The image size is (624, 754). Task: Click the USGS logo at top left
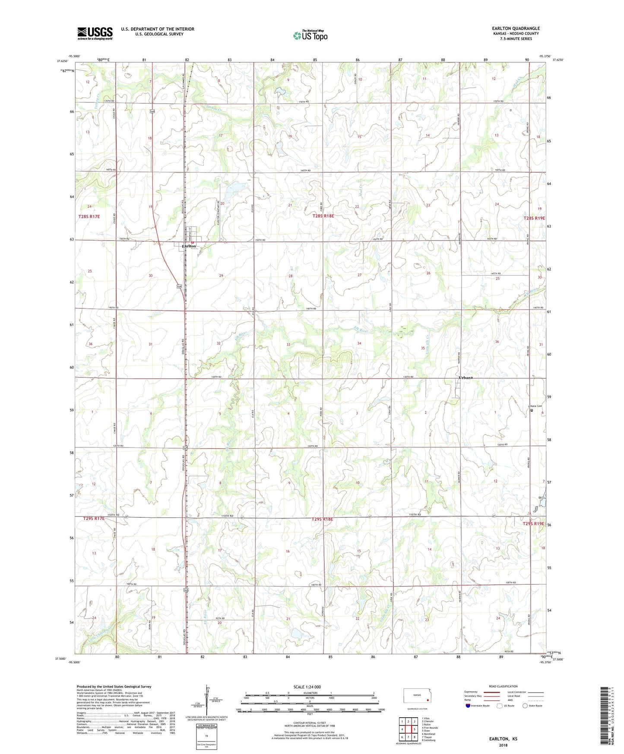click(x=95, y=33)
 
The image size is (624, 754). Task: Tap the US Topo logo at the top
click(x=310, y=35)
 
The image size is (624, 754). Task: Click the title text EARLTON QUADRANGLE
click(x=516, y=29)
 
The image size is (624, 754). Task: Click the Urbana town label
click(x=466, y=377)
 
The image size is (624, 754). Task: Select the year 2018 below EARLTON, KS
click(x=503, y=745)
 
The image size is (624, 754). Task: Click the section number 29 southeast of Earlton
click(x=221, y=276)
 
